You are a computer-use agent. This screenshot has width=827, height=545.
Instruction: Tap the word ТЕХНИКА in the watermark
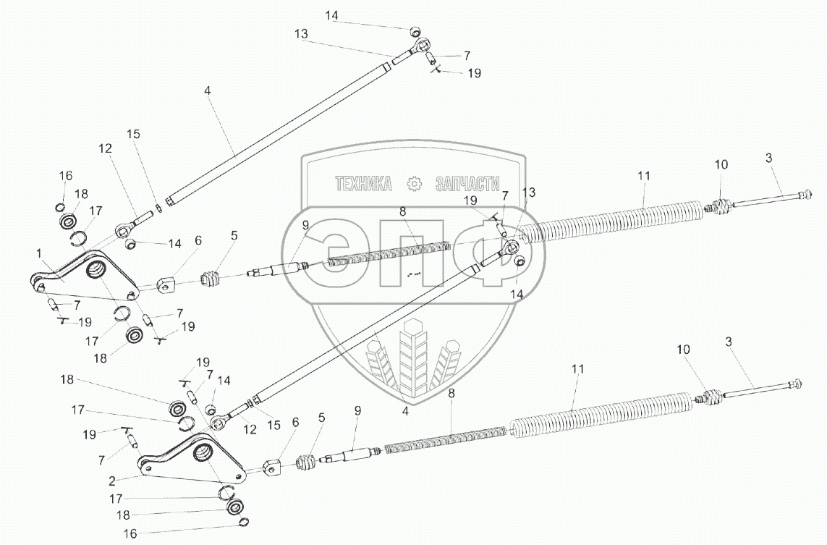(363, 184)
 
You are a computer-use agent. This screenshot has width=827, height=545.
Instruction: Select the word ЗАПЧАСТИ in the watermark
(467, 184)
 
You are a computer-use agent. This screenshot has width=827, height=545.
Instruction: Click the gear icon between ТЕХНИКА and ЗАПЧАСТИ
(414, 184)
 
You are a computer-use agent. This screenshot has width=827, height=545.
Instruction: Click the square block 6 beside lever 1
(167, 283)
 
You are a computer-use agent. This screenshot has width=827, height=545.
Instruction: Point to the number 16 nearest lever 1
(66, 176)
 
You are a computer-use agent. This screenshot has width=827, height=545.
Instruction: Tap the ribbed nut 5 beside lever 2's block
(306, 462)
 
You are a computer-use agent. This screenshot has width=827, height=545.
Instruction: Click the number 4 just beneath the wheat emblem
(406, 410)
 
